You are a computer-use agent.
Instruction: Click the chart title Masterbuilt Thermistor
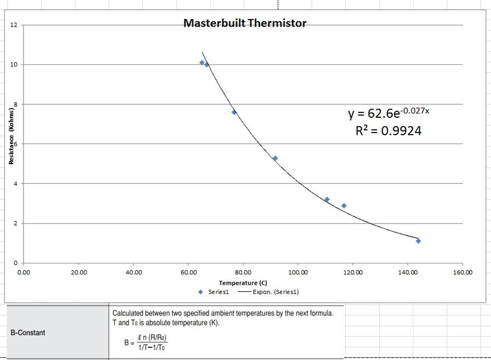pos(244,23)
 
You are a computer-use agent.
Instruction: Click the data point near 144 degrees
pos(418,241)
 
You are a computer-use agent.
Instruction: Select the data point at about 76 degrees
pos(234,112)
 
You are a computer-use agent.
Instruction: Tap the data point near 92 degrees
pos(275,158)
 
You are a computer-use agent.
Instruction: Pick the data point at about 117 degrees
pos(344,206)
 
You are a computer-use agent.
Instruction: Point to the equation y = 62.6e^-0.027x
pos(388,113)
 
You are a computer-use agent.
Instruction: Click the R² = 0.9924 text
pos(388,131)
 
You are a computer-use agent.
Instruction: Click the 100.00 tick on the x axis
pos(298,272)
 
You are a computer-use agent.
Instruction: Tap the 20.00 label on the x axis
pos(79,272)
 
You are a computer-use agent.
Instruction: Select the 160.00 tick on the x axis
pos(463,272)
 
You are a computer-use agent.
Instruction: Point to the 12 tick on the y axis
pos(14,25)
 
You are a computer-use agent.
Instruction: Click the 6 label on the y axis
pos(16,144)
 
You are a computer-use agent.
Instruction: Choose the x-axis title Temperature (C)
pos(243,283)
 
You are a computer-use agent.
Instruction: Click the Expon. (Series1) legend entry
pos(268,292)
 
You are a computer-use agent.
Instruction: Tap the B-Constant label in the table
pos(28,332)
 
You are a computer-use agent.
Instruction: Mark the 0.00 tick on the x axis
pos(24,272)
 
